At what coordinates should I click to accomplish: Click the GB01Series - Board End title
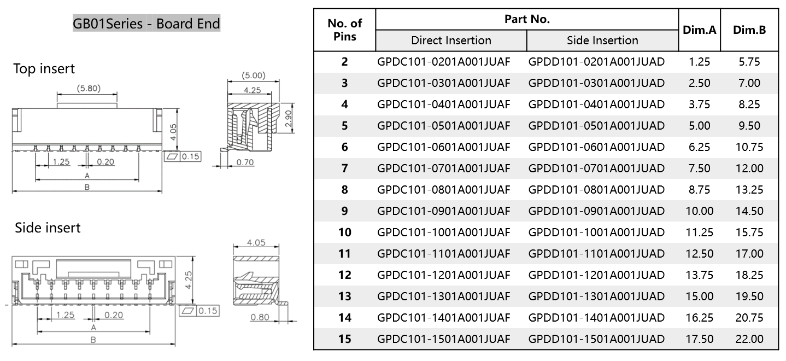point(146,24)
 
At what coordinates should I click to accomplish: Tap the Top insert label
point(44,69)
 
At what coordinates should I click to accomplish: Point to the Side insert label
point(48,228)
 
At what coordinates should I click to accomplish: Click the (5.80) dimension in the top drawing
point(88,89)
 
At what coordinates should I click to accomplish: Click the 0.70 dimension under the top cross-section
point(246,162)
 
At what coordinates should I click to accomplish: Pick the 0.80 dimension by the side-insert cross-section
point(260,317)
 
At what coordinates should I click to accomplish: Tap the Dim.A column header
point(699,30)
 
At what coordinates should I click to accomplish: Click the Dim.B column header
point(749,30)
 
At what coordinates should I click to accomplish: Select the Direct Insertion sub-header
point(451,40)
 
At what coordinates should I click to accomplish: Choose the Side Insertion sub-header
point(602,40)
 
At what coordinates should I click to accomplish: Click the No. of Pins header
point(344,30)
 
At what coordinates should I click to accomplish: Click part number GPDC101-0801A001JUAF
point(443,190)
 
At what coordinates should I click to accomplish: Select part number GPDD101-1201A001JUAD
point(596,275)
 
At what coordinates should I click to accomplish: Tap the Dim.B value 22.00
point(749,339)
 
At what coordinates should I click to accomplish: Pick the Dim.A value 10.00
point(699,211)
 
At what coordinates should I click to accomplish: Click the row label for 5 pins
point(344,126)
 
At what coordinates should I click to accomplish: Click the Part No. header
point(527,19)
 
